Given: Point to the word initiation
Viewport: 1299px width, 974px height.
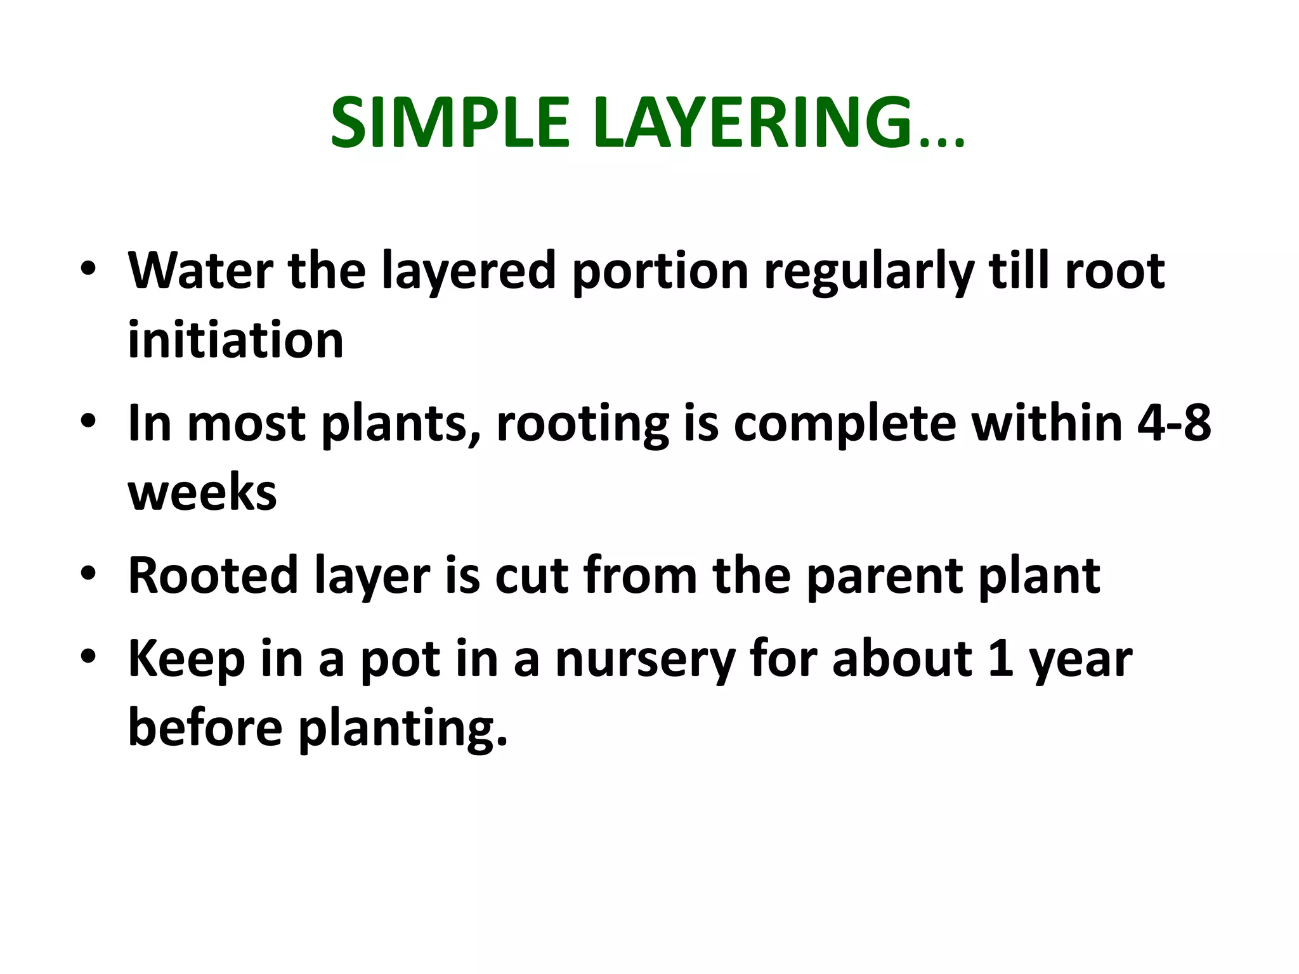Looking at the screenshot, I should (235, 341).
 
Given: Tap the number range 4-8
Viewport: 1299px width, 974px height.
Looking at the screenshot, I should (1174, 423).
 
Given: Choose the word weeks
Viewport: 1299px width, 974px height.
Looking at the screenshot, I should (202, 493).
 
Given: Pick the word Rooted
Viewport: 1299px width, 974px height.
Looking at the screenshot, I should (213, 576).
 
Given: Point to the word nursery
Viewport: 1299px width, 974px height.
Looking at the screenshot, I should (644, 659).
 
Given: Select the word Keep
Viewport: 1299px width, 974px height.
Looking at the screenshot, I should (186, 659).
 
